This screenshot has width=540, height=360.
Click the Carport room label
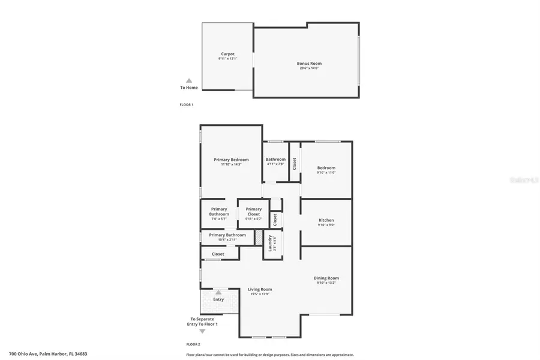[227, 54]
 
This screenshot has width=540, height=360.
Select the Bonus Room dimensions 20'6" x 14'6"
[309, 68]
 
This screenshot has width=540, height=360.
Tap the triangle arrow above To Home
[188, 80]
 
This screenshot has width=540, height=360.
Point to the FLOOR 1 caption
[187, 104]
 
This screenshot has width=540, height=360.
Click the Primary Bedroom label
[231, 160]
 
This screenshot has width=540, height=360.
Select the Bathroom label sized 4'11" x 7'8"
[275, 160]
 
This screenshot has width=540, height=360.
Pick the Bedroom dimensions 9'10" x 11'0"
[326, 173]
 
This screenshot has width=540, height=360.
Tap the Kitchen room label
[326, 220]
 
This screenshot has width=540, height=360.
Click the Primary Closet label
[253, 209]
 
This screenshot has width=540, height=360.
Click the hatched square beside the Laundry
[259, 239]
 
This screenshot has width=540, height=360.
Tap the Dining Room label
[326, 278]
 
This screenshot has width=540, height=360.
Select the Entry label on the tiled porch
[218, 299]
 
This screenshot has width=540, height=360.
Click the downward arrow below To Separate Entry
[202, 331]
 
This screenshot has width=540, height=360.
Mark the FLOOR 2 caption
[193, 344]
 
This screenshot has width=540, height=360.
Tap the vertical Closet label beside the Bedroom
[294, 163]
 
